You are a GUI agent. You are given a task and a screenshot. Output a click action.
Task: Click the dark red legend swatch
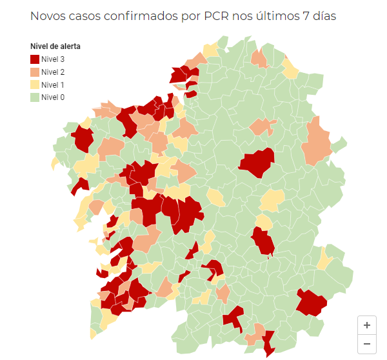(x=35, y=59)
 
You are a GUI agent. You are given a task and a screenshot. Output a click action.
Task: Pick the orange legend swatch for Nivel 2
(x=35, y=72)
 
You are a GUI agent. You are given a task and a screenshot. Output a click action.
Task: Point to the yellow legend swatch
(x=35, y=85)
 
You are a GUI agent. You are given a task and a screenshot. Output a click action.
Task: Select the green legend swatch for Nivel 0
(x=35, y=97)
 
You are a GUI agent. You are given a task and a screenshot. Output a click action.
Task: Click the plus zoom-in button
(x=367, y=325)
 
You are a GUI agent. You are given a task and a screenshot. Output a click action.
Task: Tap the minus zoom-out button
(x=367, y=344)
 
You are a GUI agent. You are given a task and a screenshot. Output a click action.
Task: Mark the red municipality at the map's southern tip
(x=268, y=341)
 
